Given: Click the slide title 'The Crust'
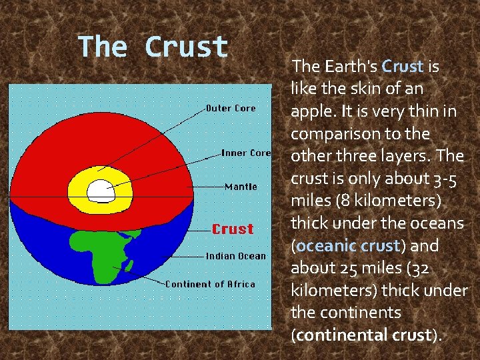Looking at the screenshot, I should pos(153,47).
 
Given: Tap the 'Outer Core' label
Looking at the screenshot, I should pos(231,108).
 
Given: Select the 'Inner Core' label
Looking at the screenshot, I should pos(246,153).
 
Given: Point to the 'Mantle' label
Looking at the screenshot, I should pos(241,187).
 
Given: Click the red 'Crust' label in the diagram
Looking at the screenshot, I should pos(233,229).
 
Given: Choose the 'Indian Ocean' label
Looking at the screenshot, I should pos(235,255).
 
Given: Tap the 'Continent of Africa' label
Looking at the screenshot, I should pos(210,284).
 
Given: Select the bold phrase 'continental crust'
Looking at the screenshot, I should pos(363,335).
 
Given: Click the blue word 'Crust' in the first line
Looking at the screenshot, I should pos(403,67).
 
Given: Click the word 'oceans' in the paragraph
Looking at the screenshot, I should pos(441,223).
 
